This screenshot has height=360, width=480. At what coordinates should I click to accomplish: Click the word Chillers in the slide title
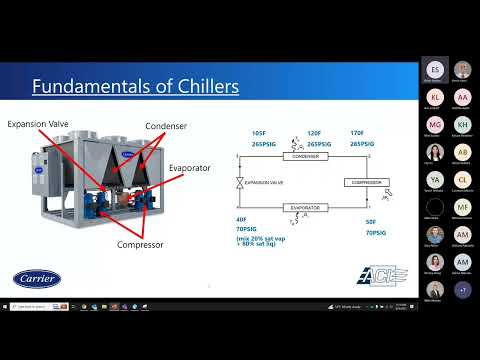point(198,87)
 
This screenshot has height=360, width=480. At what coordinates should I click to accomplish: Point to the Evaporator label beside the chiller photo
point(190,168)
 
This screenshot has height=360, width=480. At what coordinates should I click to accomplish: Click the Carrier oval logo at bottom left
point(37,278)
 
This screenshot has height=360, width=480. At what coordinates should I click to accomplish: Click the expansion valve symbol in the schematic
point(237,183)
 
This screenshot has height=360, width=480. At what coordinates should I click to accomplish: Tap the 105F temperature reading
point(259,134)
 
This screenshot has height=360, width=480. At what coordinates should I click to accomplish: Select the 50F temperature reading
point(371,222)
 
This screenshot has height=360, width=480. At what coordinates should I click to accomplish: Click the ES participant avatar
point(435,70)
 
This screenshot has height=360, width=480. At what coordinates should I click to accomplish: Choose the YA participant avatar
point(435,180)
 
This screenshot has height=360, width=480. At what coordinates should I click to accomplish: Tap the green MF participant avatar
point(462,207)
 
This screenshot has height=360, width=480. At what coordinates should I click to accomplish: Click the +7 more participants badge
point(462,289)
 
